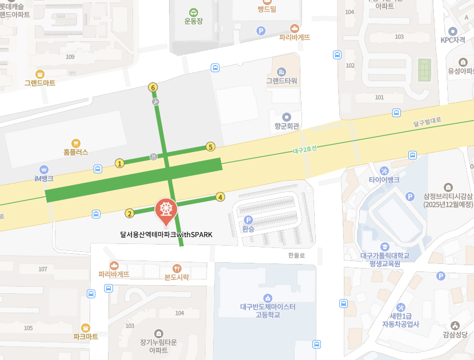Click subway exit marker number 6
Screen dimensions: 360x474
point(152,87)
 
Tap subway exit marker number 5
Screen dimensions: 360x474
point(210,147)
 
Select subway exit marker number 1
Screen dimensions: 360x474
point(119,163)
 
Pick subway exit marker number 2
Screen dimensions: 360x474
point(129,214)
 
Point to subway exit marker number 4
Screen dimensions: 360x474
point(220,197)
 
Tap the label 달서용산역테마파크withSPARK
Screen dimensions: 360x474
point(166,234)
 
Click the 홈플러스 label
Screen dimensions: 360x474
point(76,153)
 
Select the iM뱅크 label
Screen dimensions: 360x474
point(44,178)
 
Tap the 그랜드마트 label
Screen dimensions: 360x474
point(40,83)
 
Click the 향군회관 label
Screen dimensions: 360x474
point(287,126)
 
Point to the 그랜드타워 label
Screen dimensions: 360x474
point(282,81)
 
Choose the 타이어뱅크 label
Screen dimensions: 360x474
point(384,179)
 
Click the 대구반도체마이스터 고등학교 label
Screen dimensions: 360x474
point(268,310)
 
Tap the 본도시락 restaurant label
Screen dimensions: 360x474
point(176,277)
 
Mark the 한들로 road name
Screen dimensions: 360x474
point(297,255)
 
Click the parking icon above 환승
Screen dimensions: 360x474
point(248,220)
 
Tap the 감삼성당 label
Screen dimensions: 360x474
point(455,335)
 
